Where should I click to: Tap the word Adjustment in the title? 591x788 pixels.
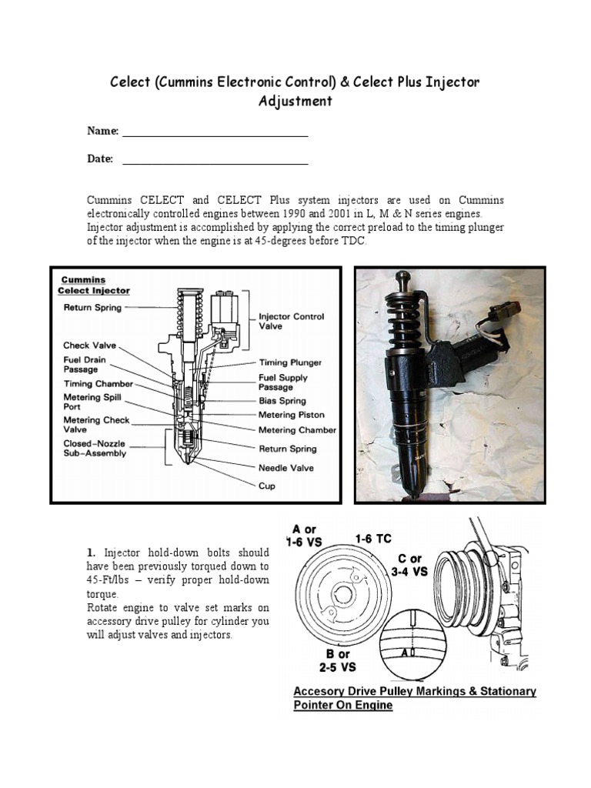(x=295, y=101)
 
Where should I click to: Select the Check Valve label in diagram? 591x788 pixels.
(x=89, y=346)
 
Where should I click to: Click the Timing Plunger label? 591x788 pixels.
(x=290, y=362)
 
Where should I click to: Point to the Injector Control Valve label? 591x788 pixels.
(x=291, y=321)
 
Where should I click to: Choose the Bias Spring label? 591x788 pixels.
(x=282, y=401)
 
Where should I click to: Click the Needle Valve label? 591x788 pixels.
(x=285, y=468)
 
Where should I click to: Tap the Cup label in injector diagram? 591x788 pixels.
(x=266, y=486)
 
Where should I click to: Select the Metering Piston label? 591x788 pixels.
(x=292, y=416)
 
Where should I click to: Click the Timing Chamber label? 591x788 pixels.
(x=98, y=384)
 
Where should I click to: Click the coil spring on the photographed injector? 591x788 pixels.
(x=404, y=323)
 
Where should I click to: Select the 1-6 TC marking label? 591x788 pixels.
(x=374, y=539)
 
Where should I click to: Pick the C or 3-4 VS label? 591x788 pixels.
(x=409, y=565)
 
